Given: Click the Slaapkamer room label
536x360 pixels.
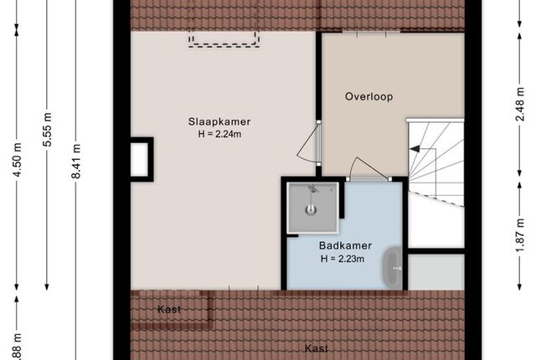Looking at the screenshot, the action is [219, 122].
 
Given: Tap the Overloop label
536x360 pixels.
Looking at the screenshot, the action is [368, 96].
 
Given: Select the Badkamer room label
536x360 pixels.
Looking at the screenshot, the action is [345, 245].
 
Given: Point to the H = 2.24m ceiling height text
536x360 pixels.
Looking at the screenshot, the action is [219, 134].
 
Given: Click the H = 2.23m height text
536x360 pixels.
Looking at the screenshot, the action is [343, 259].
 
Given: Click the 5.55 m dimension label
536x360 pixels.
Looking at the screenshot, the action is [47, 130].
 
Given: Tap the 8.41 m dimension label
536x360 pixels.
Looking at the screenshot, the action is [76, 162].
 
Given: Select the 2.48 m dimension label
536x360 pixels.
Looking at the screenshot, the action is [519, 104].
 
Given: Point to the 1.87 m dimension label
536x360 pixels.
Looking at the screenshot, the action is [519, 235].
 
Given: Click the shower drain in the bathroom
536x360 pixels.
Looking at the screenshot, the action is [311, 209].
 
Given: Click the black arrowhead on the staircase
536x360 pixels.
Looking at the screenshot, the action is [415, 149].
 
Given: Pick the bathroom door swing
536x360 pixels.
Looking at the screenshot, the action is [371, 167].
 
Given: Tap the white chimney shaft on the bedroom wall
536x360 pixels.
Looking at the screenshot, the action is [140, 160].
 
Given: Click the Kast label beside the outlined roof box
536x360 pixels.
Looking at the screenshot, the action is [169, 310].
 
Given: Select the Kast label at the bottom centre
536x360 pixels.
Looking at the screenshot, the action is [317, 348].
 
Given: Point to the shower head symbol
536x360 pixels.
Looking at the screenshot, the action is [312, 188].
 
